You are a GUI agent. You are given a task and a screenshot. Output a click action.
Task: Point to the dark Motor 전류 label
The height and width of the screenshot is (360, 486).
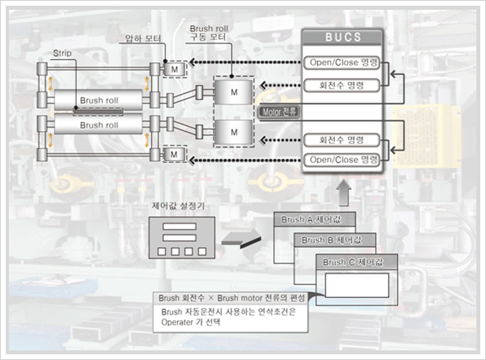280,111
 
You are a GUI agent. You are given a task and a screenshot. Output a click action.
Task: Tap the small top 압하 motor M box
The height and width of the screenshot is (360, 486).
175,68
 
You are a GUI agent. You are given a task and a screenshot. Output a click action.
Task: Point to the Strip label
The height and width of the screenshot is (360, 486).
62,53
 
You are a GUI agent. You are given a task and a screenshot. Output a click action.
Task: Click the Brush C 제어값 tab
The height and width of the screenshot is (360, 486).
354,262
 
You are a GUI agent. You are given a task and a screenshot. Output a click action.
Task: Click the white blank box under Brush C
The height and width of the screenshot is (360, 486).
357,285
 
